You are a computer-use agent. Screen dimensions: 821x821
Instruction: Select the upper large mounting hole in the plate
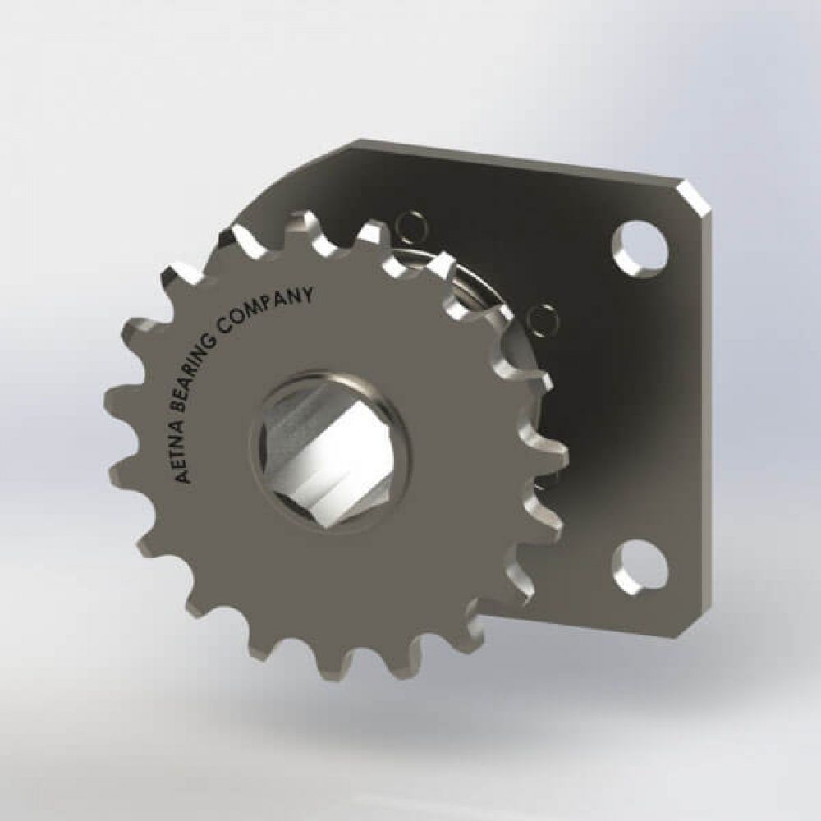638,245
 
